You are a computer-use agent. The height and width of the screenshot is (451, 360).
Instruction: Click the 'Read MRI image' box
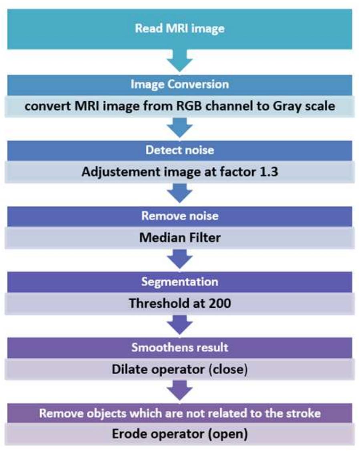[179, 29]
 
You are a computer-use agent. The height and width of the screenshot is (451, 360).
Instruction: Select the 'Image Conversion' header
[179, 84]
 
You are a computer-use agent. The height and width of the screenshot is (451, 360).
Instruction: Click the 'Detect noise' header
[179, 150]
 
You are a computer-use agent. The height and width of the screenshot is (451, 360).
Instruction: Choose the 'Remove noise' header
[179, 216]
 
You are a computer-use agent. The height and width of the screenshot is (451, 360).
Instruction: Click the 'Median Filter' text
[179, 238]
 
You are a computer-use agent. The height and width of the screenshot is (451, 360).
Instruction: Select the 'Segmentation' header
[179, 281]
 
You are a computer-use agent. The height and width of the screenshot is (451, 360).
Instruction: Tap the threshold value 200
[219, 303]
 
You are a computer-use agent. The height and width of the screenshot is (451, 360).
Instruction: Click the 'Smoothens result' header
[179, 347]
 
